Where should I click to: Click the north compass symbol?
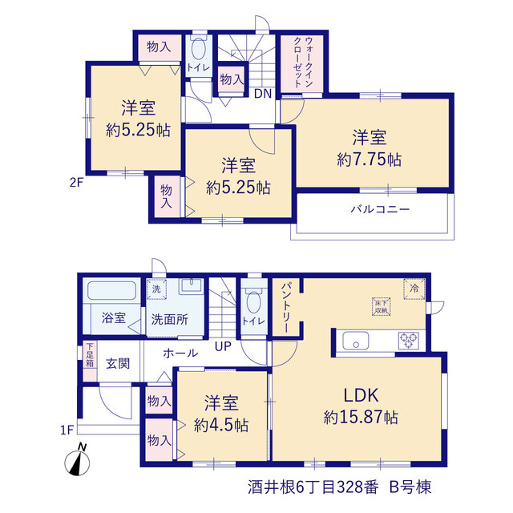tap(77, 461)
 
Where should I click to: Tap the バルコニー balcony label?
tap(380, 209)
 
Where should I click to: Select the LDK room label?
tap(361, 395)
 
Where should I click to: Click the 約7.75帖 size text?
tap(369, 160)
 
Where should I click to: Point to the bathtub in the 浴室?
tap(112, 290)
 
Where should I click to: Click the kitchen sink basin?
tap(356, 341)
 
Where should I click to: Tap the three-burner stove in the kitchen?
tap(409, 340)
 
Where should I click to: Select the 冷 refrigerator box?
tap(414, 289)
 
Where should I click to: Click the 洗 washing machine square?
tap(156, 289)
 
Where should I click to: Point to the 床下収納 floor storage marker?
tap(382, 306)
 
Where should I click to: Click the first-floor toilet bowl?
tap(253, 301)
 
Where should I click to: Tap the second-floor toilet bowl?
tap(198, 49)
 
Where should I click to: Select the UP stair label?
tap(223, 346)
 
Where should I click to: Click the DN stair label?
tap(263, 94)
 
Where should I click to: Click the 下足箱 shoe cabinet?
tap(90, 362)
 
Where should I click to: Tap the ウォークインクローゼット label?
tap(303, 63)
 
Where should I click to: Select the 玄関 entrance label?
tap(118, 363)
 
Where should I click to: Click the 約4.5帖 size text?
tap(221, 426)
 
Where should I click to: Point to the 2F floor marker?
tap(77, 182)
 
